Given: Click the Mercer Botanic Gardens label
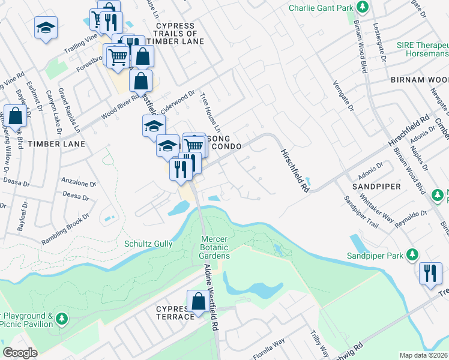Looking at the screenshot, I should tap(214, 248).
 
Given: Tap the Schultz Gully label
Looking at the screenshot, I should tap(148, 244).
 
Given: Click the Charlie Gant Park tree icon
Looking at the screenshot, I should tap(363, 8).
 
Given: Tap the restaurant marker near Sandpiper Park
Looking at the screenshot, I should tap(429, 273).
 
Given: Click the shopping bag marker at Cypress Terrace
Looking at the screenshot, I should tap(197, 302).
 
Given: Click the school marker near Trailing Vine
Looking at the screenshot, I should tap(45, 29).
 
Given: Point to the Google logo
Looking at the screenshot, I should tap(20, 353).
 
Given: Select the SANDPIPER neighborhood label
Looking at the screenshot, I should tap(376, 187).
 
